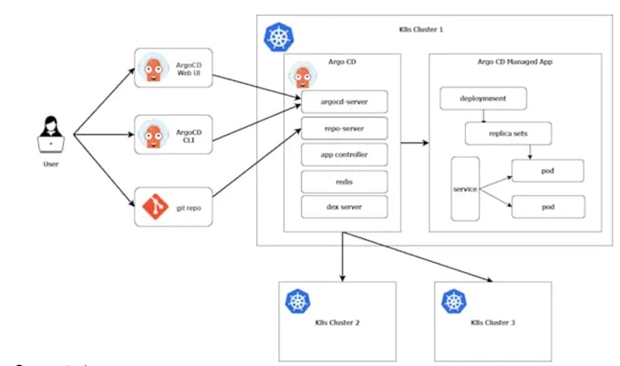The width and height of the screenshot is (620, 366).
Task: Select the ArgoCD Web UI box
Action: click(x=173, y=68)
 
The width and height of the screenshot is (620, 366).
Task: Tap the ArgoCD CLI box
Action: click(x=173, y=135)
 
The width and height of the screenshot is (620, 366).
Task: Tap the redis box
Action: click(x=345, y=181)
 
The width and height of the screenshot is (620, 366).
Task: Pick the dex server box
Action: click(x=345, y=207)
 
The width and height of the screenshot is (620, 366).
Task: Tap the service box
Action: click(x=465, y=188)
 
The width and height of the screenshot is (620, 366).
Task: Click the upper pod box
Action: click(x=546, y=170)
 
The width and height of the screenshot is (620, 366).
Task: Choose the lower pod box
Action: click(x=546, y=206)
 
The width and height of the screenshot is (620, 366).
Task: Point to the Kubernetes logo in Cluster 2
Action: click(x=298, y=301)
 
